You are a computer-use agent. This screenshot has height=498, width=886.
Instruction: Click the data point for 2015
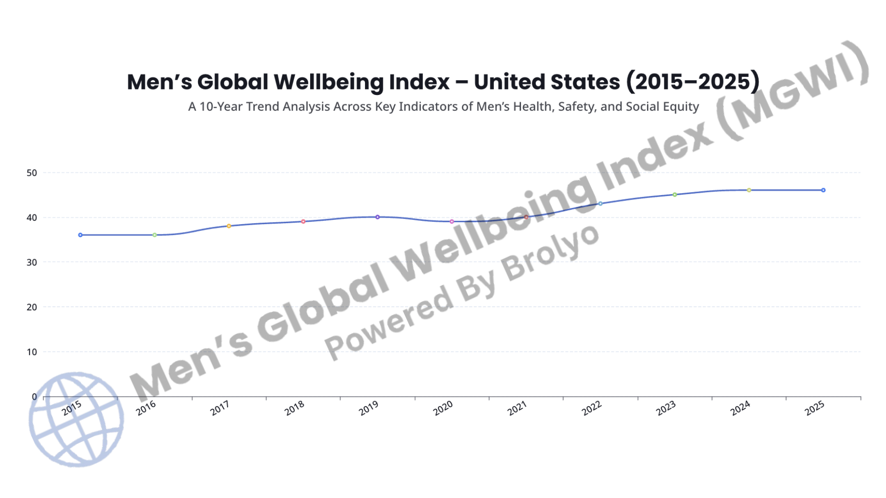click(x=80, y=235)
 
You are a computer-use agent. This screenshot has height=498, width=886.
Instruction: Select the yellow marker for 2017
click(x=229, y=226)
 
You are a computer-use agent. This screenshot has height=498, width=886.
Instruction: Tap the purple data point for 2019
click(x=377, y=217)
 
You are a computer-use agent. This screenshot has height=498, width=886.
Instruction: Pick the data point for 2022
click(x=600, y=204)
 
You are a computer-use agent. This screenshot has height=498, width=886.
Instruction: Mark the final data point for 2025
click(x=823, y=190)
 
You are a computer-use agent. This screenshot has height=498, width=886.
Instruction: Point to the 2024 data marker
click(x=749, y=190)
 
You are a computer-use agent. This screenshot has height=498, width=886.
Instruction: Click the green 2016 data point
click(x=155, y=235)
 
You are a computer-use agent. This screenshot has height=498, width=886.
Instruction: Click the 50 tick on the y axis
click(x=31, y=173)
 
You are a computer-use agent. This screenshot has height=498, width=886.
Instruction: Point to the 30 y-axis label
click(x=31, y=262)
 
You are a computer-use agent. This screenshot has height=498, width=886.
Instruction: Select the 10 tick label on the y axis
click(x=31, y=352)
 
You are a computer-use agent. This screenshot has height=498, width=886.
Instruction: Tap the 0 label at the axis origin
click(x=34, y=397)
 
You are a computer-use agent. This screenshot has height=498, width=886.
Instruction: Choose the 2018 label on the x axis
click(x=294, y=408)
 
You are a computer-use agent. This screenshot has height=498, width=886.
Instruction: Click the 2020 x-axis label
click(x=443, y=408)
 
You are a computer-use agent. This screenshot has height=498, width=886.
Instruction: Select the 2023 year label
click(x=666, y=408)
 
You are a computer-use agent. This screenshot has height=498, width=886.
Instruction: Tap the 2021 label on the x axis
click(x=517, y=408)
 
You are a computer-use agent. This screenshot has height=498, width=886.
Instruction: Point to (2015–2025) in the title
click(x=692, y=82)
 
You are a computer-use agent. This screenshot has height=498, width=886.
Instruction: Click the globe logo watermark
click(x=76, y=420)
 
